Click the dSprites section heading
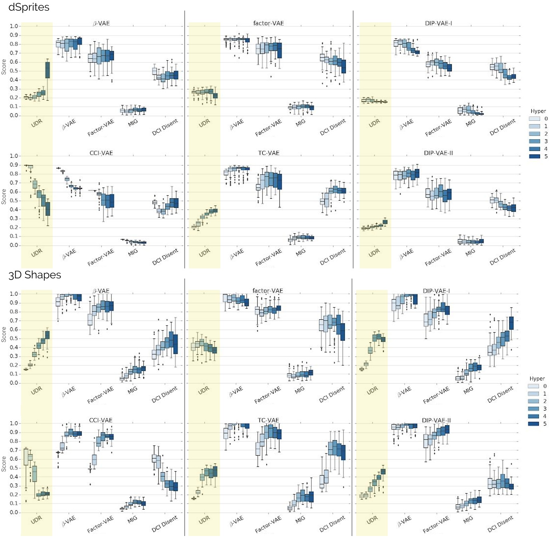tap(29, 7)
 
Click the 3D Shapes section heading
tap(35, 275)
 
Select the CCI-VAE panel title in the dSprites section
tap(101, 153)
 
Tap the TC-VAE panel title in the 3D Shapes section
tap(268, 420)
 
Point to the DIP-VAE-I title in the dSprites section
tap(438, 24)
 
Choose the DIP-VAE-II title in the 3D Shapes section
tap(436, 420)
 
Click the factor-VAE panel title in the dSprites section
tap(268, 24)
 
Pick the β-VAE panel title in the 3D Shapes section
tap(101, 291)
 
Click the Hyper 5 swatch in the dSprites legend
tap(535, 156)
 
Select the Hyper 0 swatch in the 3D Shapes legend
tap(533, 386)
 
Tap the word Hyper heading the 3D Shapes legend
tap(537, 378)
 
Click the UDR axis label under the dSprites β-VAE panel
tap(37, 123)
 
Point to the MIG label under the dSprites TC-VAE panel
tap(301, 252)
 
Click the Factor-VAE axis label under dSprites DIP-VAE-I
tap(438, 128)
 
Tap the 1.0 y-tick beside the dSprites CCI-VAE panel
tap(14, 156)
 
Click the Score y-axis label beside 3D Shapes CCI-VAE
tap(4, 464)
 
